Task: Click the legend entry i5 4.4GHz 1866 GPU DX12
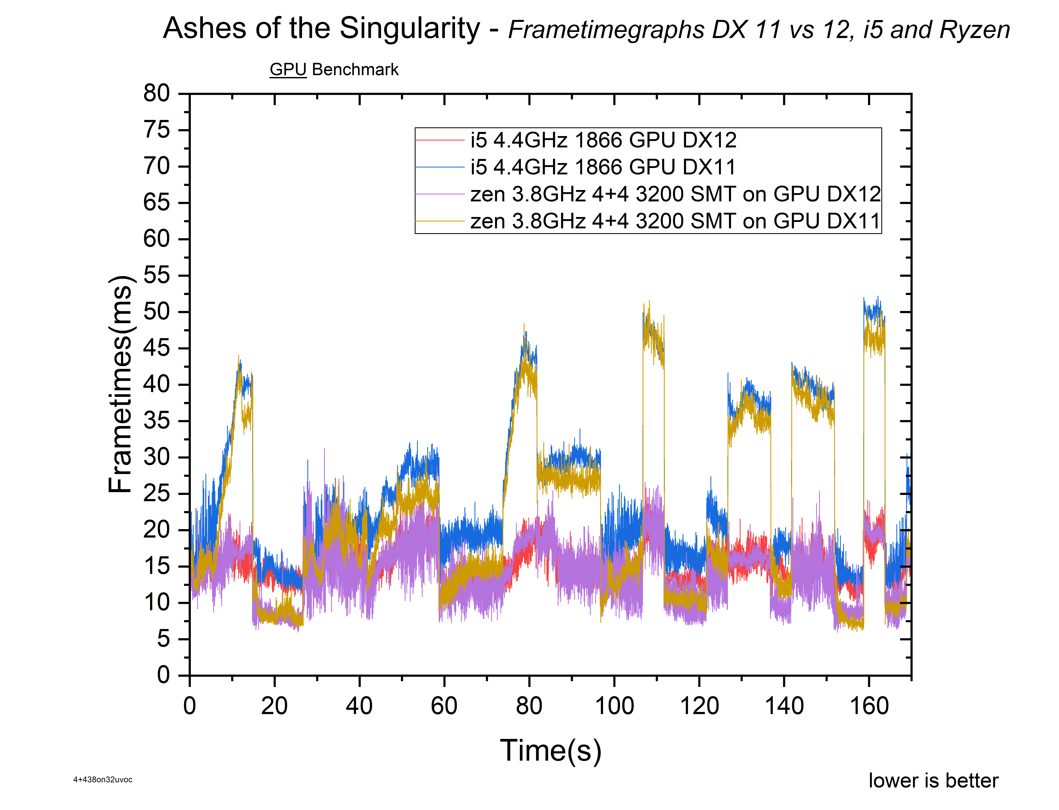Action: [x=603, y=140]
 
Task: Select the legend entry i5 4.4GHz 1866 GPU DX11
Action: [x=603, y=167]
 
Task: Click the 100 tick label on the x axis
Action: [x=614, y=706]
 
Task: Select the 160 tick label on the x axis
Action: [x=869, y=706]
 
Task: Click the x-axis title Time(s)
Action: [x=550, y=751]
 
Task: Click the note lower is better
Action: [x=933, y=781]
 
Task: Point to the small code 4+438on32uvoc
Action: [x=103, y=780]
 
